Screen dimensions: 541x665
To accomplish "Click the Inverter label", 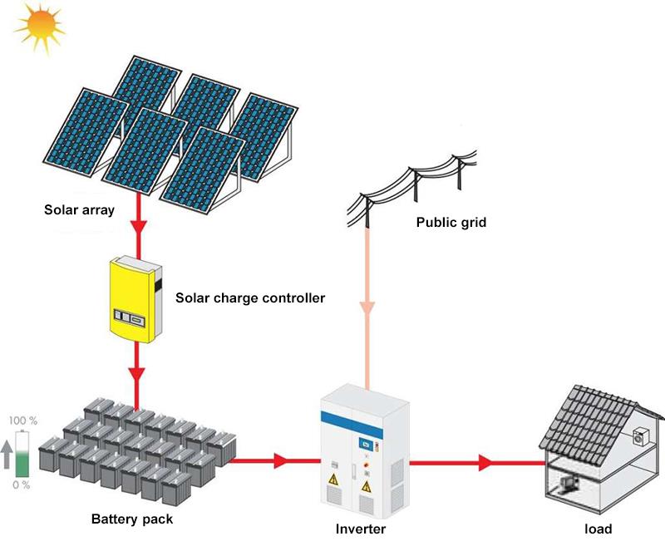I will point(360,529).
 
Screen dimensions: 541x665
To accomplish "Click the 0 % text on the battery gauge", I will point(22,484).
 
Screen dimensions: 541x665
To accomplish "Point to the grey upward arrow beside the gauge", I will point(7,453).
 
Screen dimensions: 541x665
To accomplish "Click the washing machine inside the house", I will point(639,436).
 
